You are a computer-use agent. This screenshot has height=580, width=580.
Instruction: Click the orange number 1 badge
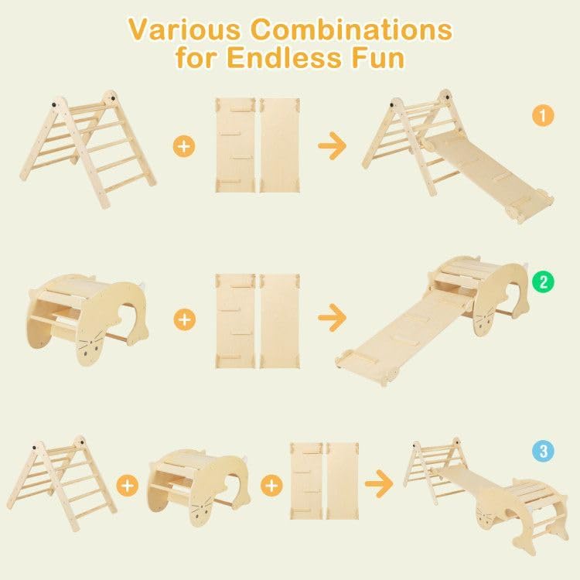(544, 116)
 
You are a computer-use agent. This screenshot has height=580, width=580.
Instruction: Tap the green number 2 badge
(544, 281)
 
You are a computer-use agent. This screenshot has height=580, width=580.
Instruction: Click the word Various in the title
(184, 29)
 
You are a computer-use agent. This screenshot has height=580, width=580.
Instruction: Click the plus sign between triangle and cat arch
(128, 485)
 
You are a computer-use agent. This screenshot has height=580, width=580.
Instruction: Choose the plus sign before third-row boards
(271, 485)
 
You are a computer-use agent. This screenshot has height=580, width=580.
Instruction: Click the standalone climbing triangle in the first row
(87, 147)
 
